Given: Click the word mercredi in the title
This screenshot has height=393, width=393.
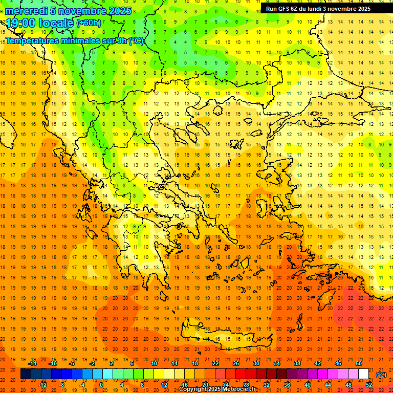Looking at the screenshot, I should tap(26, 11).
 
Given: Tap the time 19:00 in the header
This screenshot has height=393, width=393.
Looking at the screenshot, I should tap(21, 23).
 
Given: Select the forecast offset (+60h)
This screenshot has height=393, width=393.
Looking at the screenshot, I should tap(89, 23).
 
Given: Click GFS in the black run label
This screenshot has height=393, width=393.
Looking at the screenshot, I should tap(284, 9).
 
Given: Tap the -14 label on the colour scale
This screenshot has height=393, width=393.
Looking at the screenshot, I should tap(32, 363).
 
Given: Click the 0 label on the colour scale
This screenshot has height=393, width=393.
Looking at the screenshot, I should tap(101, 384).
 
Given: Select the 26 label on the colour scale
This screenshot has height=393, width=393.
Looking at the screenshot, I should tap(236, 363).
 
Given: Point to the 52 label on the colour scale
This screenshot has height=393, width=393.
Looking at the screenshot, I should tap(369, 384).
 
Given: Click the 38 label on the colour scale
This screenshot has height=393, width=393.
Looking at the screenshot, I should tap(297, 363).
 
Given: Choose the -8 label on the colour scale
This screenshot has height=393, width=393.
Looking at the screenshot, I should tap(62, 384).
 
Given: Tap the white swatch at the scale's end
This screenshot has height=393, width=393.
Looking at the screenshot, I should tap(364, 374).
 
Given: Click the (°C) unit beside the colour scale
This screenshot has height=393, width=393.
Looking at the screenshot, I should tap(381, 375).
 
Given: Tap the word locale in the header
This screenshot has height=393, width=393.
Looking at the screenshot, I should tap(56, 23).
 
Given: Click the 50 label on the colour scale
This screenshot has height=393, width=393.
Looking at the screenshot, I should tap(359, 363).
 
